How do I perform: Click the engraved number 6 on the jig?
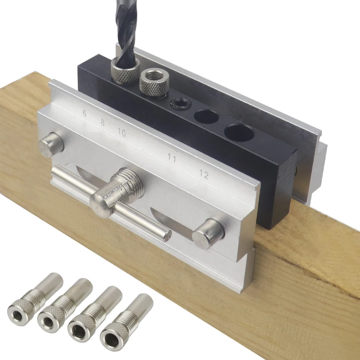tap(85, 113)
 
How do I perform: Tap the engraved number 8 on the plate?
tap(103, 122)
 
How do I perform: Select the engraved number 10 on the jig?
tap(121, 132)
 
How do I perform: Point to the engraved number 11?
tap(171, 157)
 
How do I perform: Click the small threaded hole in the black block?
tap(179, 103)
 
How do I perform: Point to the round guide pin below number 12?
tap(208, 233)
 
